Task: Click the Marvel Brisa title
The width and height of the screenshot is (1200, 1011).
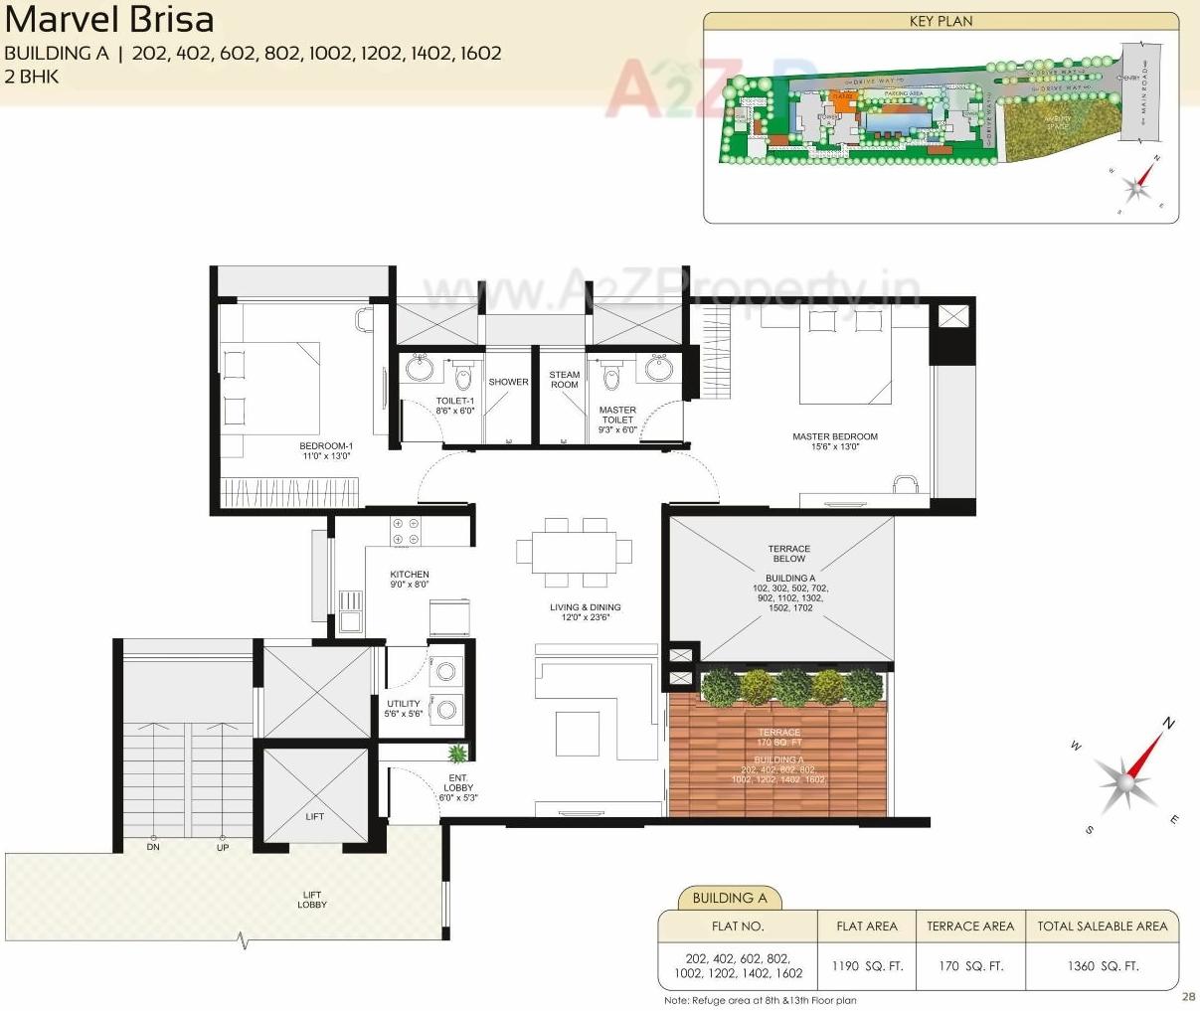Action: tap(108, 20)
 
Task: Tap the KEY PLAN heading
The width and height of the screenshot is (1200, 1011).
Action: tap(941, 21)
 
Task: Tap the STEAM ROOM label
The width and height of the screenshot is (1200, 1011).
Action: tap(564, 380)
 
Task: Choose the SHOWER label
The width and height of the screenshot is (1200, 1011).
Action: tap(508, 382)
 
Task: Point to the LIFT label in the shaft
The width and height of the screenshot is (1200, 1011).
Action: tap(314, 816)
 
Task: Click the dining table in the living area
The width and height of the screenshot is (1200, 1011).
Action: tap(575, 552)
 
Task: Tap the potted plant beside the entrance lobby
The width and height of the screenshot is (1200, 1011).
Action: tap(456, 753)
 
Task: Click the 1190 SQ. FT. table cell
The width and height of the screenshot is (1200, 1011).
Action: tap(866, 965)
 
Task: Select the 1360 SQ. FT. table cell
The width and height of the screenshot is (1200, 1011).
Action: tap(1102, 965)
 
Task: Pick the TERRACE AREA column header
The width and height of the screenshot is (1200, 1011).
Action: tap(969, 926)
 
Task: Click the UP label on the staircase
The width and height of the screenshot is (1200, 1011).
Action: tap(223, 847)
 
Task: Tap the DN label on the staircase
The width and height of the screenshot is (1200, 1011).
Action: tap(153, 847)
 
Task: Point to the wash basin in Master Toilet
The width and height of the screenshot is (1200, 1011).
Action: tap(659, 368)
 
